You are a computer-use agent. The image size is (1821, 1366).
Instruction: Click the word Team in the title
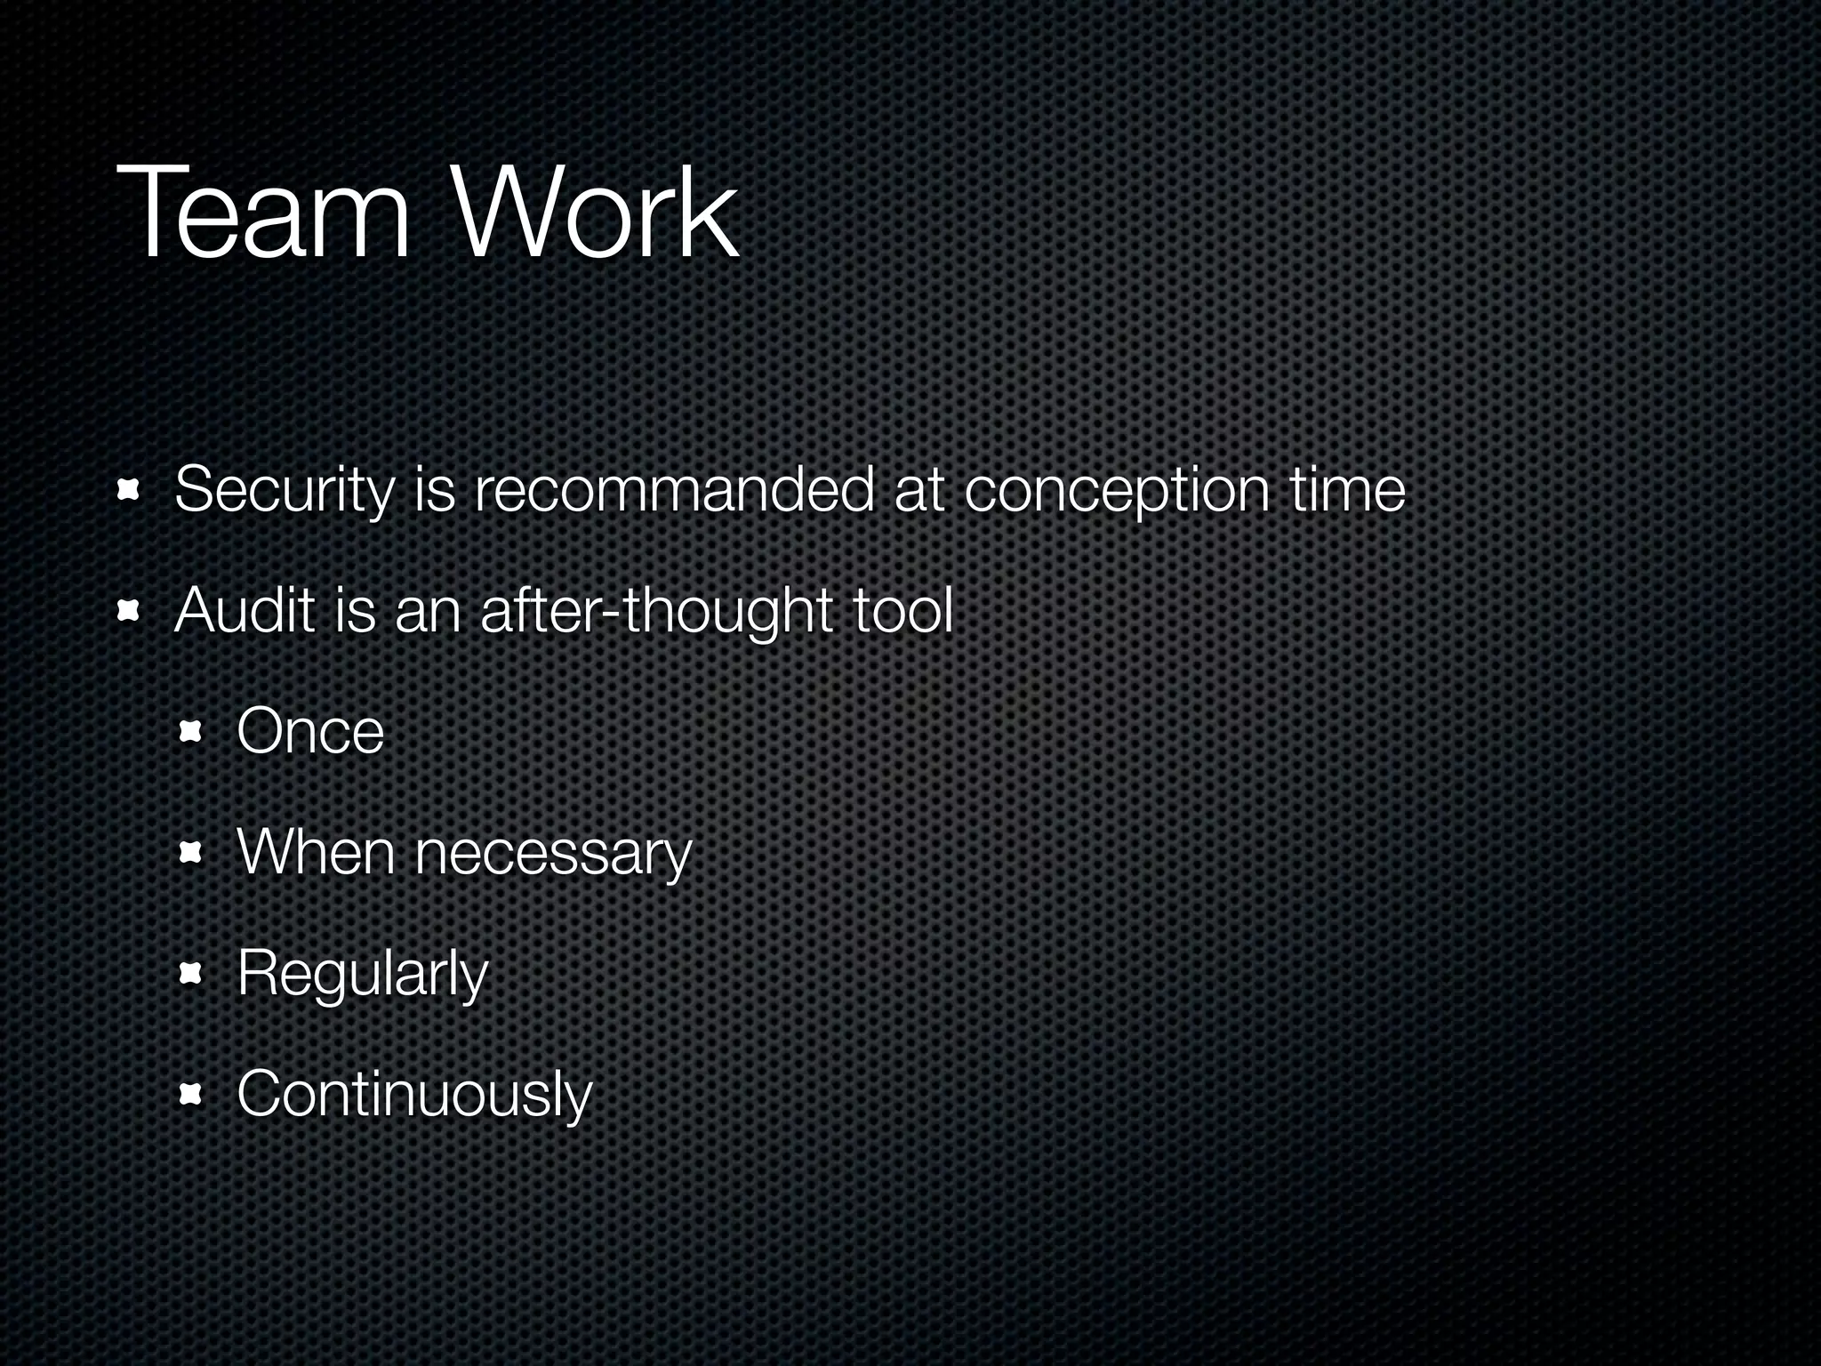pos(263,214)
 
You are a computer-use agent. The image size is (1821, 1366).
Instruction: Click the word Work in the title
pos(596,214)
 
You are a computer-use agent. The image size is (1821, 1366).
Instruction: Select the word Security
pos(284,491)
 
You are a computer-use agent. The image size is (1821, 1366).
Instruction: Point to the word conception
pos(1117,491)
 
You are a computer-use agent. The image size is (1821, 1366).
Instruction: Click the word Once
pos(310,731)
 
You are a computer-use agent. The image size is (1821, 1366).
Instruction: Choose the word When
pos(316,852)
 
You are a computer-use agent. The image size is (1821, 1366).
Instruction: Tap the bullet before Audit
pos(130,611)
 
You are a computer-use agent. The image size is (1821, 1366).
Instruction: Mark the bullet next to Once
pos(191,732)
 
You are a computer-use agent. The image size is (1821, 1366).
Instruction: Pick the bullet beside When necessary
pos(191,853)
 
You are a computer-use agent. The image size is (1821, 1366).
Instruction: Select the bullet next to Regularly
pos(191,974)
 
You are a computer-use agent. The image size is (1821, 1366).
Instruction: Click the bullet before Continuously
pos(191,1095)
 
